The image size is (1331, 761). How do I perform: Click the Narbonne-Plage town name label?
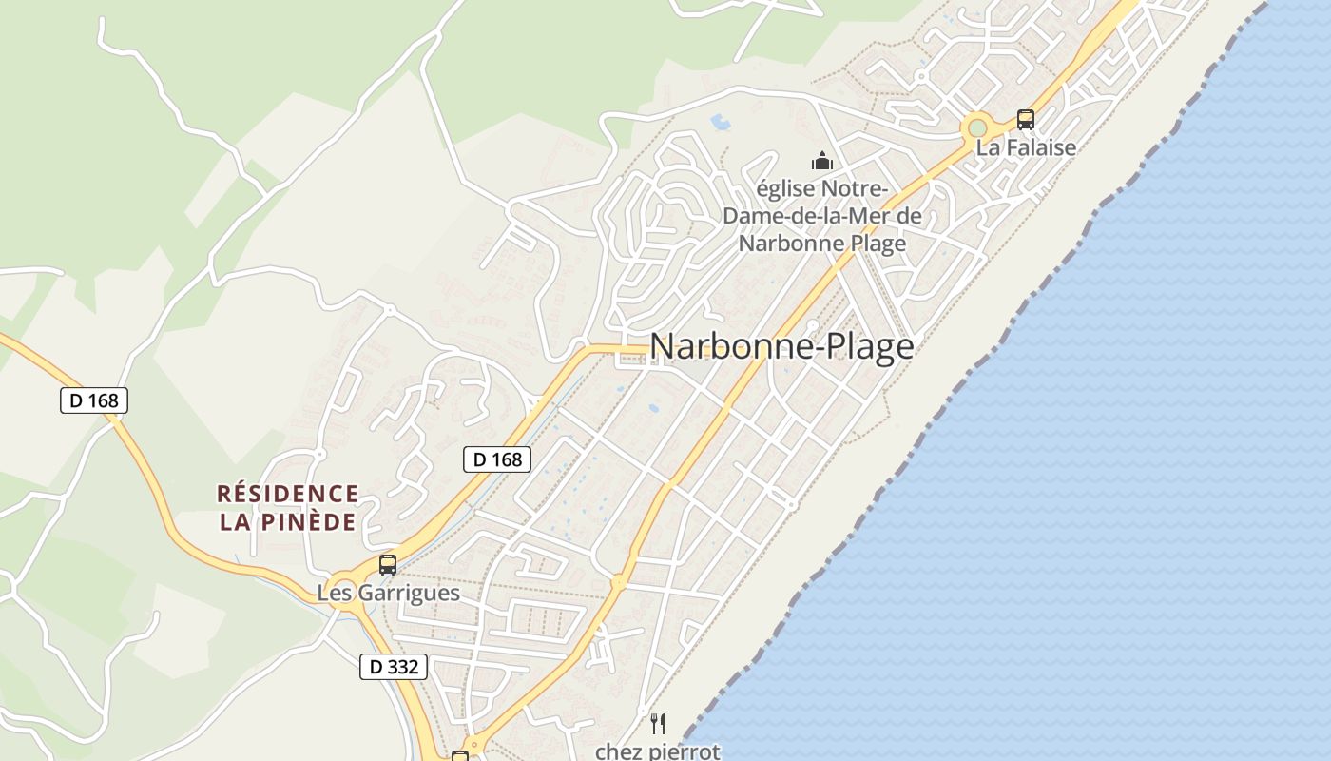[x=781, y=346]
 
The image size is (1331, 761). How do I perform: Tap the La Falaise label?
[x=1026, y=147]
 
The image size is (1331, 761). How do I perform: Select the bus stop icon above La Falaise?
[x=1025, y=120]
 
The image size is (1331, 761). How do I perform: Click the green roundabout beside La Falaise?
[x=976, y=127]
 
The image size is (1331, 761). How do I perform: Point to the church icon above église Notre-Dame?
[x=822, y=161]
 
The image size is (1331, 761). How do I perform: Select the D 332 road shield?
[x=394, y=667]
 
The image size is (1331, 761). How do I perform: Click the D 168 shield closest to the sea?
[x=497, y=459]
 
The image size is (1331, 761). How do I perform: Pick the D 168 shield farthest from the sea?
[x=94, y=400]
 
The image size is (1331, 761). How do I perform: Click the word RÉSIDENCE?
[x=287, y=495]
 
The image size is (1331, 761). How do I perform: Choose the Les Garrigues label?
[x=388, y=594]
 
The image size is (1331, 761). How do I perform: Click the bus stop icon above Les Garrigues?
[x=387, y=564]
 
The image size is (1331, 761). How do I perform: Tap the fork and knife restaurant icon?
[x=657, y=724]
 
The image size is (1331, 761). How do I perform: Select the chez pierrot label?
[x=657, y=751]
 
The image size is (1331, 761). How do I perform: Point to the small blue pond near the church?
[x=722, y=123]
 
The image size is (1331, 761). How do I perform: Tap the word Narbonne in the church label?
[x=783, y=244]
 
